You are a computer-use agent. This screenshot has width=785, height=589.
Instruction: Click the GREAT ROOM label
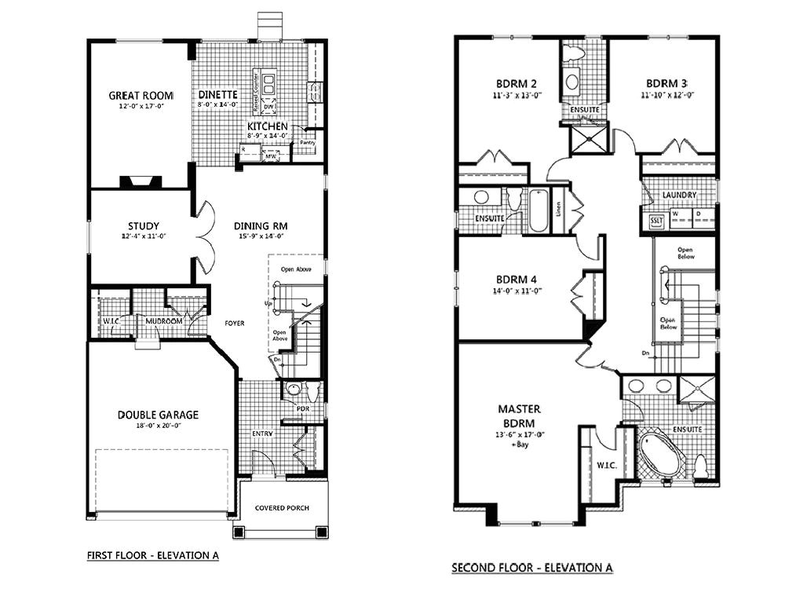click(141, 95)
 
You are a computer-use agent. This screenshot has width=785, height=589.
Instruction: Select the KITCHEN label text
click(267, 126)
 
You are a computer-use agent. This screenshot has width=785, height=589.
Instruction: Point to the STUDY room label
click(144, 226)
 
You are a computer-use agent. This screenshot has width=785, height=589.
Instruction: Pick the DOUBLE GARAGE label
click(158, 415)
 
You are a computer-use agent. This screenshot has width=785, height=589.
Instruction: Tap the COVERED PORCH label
click(282, 508)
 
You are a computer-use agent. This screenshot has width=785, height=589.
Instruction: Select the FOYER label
click(235, 321)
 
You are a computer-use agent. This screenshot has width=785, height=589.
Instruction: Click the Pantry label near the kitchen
click(307, 143)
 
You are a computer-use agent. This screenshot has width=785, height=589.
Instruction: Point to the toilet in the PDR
click(294, 390)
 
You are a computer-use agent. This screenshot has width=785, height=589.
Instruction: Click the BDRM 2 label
click(516, 83)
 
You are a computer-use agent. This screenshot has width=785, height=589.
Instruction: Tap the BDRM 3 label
click(667, 83)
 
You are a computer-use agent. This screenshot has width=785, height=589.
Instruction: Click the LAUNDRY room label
click(679, 195)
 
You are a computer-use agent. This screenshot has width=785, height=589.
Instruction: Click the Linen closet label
click(558, 209)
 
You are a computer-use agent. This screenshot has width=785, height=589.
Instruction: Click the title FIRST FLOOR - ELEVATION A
click(152, 555)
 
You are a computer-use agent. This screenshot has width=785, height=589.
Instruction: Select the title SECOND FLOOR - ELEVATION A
click(531, 567)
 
